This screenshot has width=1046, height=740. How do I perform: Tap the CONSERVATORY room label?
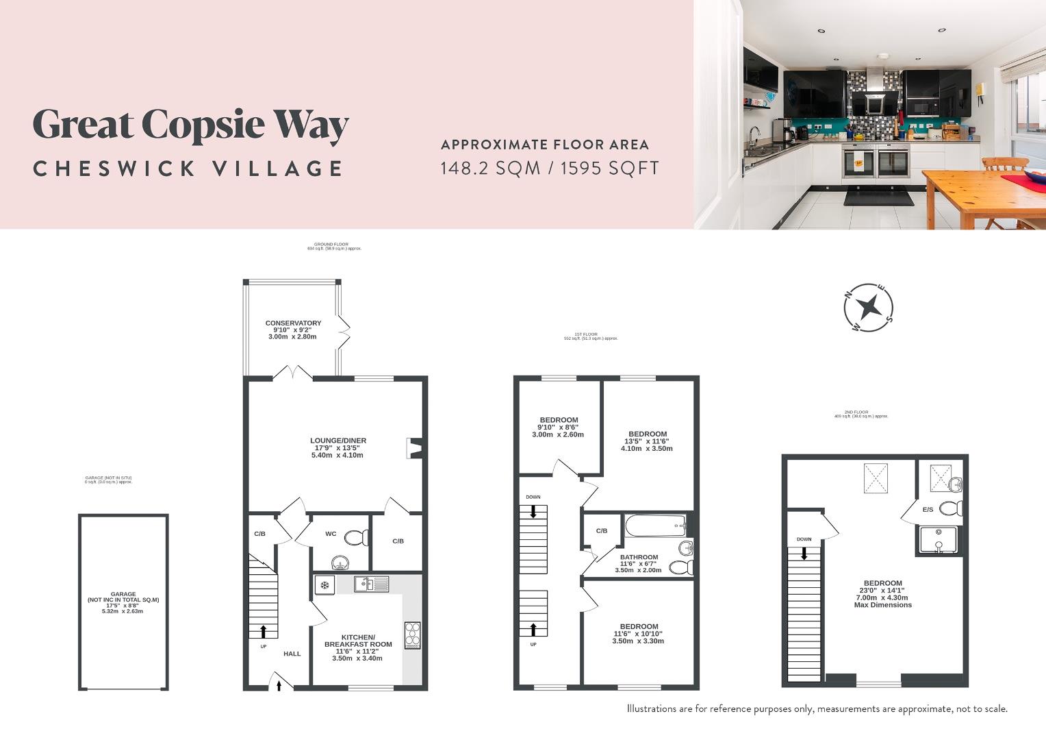point(293,323)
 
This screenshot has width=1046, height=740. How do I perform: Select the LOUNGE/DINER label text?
point(337,441)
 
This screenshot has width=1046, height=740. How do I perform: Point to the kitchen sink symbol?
point(371,584)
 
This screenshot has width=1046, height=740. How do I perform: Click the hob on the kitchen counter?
point(412,634)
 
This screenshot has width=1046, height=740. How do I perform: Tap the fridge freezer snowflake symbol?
point(324,585)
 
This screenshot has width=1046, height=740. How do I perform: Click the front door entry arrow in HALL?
point(279,684)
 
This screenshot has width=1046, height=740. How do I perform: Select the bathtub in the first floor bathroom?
point(655,526)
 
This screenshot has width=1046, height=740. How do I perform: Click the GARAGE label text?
point(123,594)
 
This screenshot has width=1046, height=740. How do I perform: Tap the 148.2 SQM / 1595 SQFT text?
point(549,168)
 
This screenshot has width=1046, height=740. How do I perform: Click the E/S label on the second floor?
point(928,510)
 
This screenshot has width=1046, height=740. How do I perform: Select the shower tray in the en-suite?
point(939,539)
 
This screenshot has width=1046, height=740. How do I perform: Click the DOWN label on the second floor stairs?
point(804,539)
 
